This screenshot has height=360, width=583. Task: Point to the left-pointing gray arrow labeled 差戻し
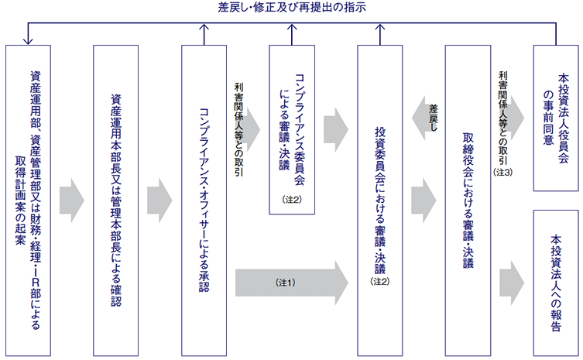pos(429,122)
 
